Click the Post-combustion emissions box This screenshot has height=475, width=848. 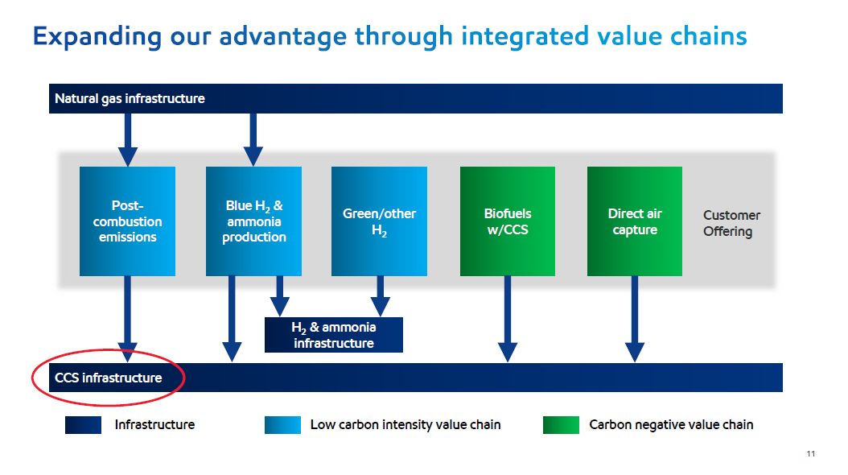[x=127, y=221]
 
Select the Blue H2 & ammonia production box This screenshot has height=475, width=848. [x=253, y=221]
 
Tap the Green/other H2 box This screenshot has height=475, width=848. [x=379, y=221]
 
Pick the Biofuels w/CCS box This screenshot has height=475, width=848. [x=508, y=221]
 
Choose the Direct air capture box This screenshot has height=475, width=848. [x=635, y=221]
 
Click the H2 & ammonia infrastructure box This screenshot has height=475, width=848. [x=334, y=335]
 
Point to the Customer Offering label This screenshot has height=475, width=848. [x=731, y=223]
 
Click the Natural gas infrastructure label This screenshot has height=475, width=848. [x=130, y=99]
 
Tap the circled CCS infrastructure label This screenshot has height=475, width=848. [x=108, y=378]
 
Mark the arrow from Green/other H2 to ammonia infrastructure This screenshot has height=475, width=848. [x=380, y=295]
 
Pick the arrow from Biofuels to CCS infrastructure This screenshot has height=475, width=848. [x=508, y=319]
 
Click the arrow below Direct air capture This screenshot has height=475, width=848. [x=635, y=319]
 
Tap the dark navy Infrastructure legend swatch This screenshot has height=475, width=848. [x=83, y=424]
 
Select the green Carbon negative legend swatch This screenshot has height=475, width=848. [x=561, y=424]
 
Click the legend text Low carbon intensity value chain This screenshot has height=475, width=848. [x=405, y=424]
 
